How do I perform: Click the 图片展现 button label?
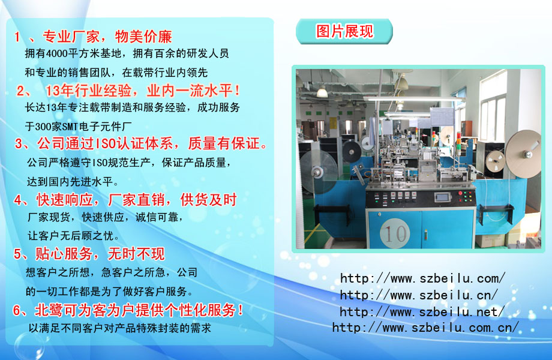click(x=344, y=31)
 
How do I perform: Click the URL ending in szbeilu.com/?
click(x=423, y=278)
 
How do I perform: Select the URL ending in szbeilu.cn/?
click(x=419, y=295)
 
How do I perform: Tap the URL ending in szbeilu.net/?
click(x=422, y=311)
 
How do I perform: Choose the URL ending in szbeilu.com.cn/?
click(x=425, y=328)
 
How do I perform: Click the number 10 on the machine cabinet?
click(x=395, y=233)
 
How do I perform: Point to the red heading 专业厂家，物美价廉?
click(x=107, y=37)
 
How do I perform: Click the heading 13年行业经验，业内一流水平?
click(x=143, y=91)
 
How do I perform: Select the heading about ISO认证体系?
click(x=152, y=143)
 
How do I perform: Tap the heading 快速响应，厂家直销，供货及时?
click(x=137, y=200)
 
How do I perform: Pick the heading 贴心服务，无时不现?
click(x=100, y=254)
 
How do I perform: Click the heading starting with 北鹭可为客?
click(x=139, y=310)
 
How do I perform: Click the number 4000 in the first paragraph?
click(x=56, y=53)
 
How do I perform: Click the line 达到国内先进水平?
click(x=73, y=182)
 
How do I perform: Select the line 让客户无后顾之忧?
click(x=73, y=235)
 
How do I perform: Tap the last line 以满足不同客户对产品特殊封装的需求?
click(x=119, y=328)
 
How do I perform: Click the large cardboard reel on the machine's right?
click(x=523, y=154)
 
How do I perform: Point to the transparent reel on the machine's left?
click(x=319, y=172)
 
